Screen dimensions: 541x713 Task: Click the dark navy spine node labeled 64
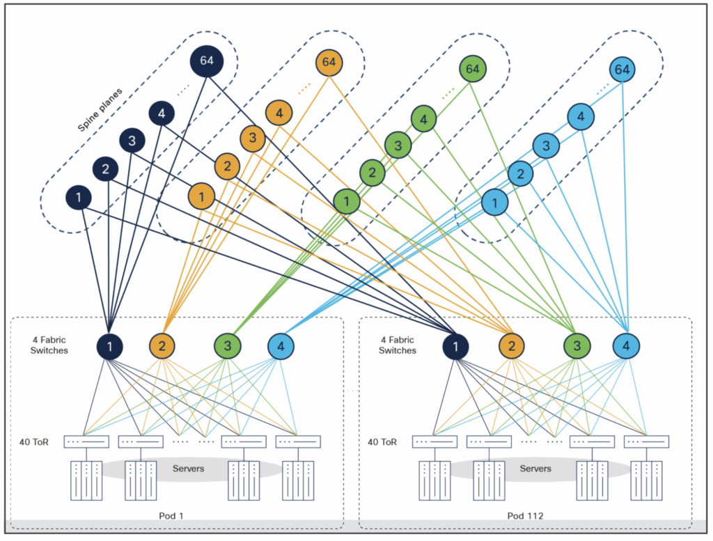pos(207,61)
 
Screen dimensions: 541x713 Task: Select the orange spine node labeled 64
pos(329,63)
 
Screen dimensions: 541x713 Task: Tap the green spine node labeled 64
pos(473,69)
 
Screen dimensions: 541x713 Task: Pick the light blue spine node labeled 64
pos(622,70)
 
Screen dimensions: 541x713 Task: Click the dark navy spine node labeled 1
pos(79,198)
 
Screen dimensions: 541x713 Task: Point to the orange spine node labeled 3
pos(253,138)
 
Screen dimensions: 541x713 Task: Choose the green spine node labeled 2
pos(373,172)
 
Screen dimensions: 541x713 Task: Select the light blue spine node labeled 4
pos(581,117)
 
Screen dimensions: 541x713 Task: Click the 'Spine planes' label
pos(100,110)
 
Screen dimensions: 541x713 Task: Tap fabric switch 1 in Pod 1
pos(109,345)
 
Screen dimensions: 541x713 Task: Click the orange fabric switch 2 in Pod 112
pos(512,345)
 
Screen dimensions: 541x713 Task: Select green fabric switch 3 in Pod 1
pos(228,345)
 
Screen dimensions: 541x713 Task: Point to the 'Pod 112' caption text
pos(525,516)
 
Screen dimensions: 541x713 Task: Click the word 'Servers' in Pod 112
pos(535,469)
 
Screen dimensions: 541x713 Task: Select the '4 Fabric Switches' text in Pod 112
pos(397,345)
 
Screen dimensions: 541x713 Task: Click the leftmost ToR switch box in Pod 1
pos(86,441)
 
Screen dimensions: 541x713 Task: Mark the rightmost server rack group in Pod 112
pos(645,480)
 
